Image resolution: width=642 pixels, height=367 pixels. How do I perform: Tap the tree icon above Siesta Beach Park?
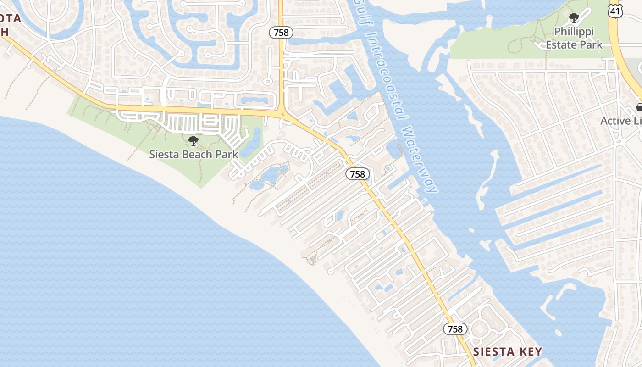tap(194, 140)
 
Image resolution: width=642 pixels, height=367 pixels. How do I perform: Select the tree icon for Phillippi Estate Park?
tap(574, 18)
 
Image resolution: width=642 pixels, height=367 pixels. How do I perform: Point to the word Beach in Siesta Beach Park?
tap(199, 154)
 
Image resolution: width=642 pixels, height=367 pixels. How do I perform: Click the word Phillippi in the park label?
tap(574, 32)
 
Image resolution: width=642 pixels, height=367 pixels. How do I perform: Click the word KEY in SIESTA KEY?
tap(530, 352)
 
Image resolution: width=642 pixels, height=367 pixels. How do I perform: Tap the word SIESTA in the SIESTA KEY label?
tap(492, 352)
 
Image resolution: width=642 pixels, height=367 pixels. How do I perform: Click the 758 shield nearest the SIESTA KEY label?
tap(455, 329)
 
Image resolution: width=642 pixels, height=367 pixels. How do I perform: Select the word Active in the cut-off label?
tap(615, 121)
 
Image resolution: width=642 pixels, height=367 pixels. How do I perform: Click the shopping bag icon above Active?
tap(639, 107)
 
